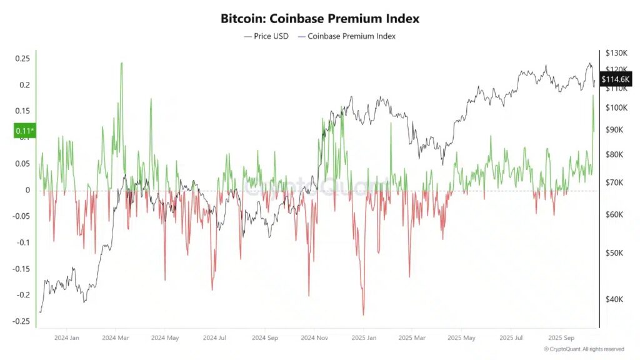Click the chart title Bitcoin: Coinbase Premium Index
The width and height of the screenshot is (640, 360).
(x=319, y=18)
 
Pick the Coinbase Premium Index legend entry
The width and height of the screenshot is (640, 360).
(x=347, y=36)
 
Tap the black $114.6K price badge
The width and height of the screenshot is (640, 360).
(x=615, y=79)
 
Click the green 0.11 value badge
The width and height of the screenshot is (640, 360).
(x=24, y=131)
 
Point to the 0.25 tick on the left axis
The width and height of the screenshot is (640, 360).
(x=22, y=59)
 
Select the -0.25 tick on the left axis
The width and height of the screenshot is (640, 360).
(x=21, y=321)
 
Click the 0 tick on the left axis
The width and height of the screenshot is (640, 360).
(x=27, y=190)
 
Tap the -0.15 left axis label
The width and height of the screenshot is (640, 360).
(x=21, y=269)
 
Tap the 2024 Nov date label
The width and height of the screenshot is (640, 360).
(x=315, y=337)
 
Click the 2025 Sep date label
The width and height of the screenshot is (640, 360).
(x=561, y=337)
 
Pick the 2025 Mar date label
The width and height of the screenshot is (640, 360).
(x=412, y=337)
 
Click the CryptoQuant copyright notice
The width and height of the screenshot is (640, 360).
(x=583, y=349)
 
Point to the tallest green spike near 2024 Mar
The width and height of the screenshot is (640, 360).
(x=121, y=63)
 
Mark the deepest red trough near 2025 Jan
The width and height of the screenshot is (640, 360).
(x=363, y=314)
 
